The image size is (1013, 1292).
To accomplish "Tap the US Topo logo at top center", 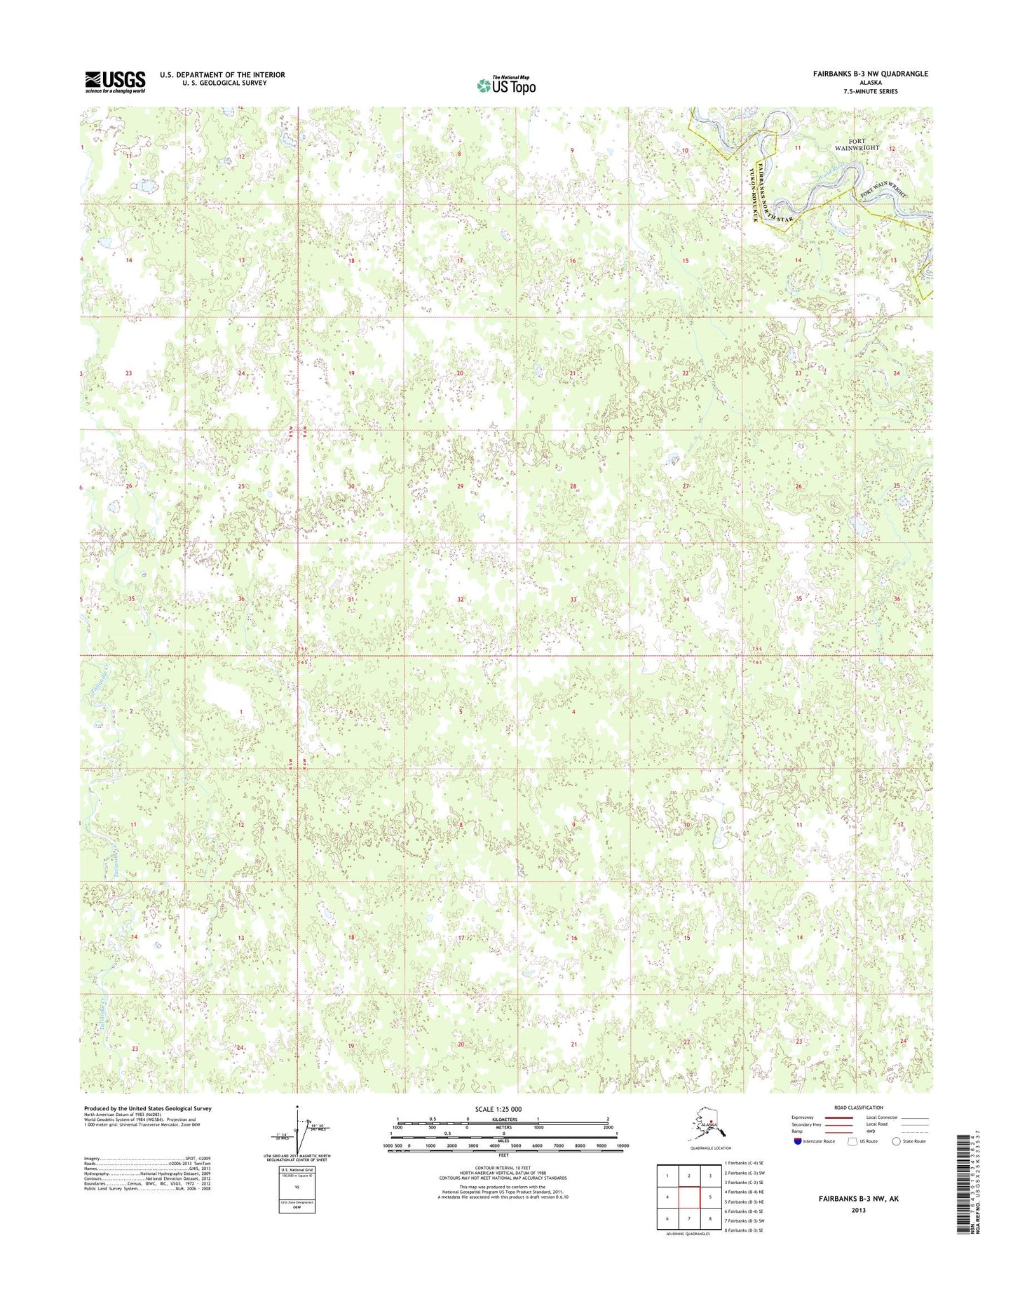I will pyautogui.click(x=506, y=85).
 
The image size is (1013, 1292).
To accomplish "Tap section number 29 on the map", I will pyautogui.click(x=460, y=486).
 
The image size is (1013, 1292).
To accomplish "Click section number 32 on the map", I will pyautogui.click(x=460, y=600).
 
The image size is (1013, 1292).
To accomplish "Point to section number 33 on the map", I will pyautogui.click(x=573, y=600).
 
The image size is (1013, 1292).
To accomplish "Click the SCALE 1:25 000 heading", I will pyautogui.click(x=503, y=1109).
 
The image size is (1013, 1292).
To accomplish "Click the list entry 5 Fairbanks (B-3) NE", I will pyautogui.click(x=744, y=1201).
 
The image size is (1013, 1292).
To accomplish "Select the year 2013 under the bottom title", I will pyautogui.click(x=858, y=1210).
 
